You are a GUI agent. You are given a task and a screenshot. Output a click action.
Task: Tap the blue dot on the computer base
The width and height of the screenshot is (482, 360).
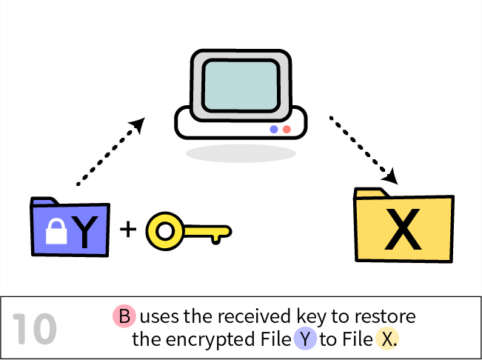[274, 129]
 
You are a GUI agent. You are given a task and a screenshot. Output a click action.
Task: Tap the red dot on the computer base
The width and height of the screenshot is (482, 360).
[287, 129]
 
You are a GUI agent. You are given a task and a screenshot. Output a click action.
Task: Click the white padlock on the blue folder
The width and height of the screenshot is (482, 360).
[56, 232]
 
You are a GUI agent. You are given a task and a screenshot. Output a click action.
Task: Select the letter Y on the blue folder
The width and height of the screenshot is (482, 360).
[87, 231]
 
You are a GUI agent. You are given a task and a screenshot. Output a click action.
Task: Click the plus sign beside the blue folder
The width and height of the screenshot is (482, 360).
[129, 229]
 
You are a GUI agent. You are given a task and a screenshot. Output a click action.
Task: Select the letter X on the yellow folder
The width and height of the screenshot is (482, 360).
[404, 232]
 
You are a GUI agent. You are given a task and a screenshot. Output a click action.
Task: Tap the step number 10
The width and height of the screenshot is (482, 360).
[35, 330]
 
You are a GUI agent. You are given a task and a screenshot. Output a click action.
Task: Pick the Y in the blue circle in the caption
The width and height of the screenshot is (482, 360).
[305, 340]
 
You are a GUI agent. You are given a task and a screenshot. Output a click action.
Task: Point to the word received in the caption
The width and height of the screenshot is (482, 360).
[250, 317]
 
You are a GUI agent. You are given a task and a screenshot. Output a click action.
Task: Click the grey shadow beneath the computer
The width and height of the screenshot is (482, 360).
[241, 153]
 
